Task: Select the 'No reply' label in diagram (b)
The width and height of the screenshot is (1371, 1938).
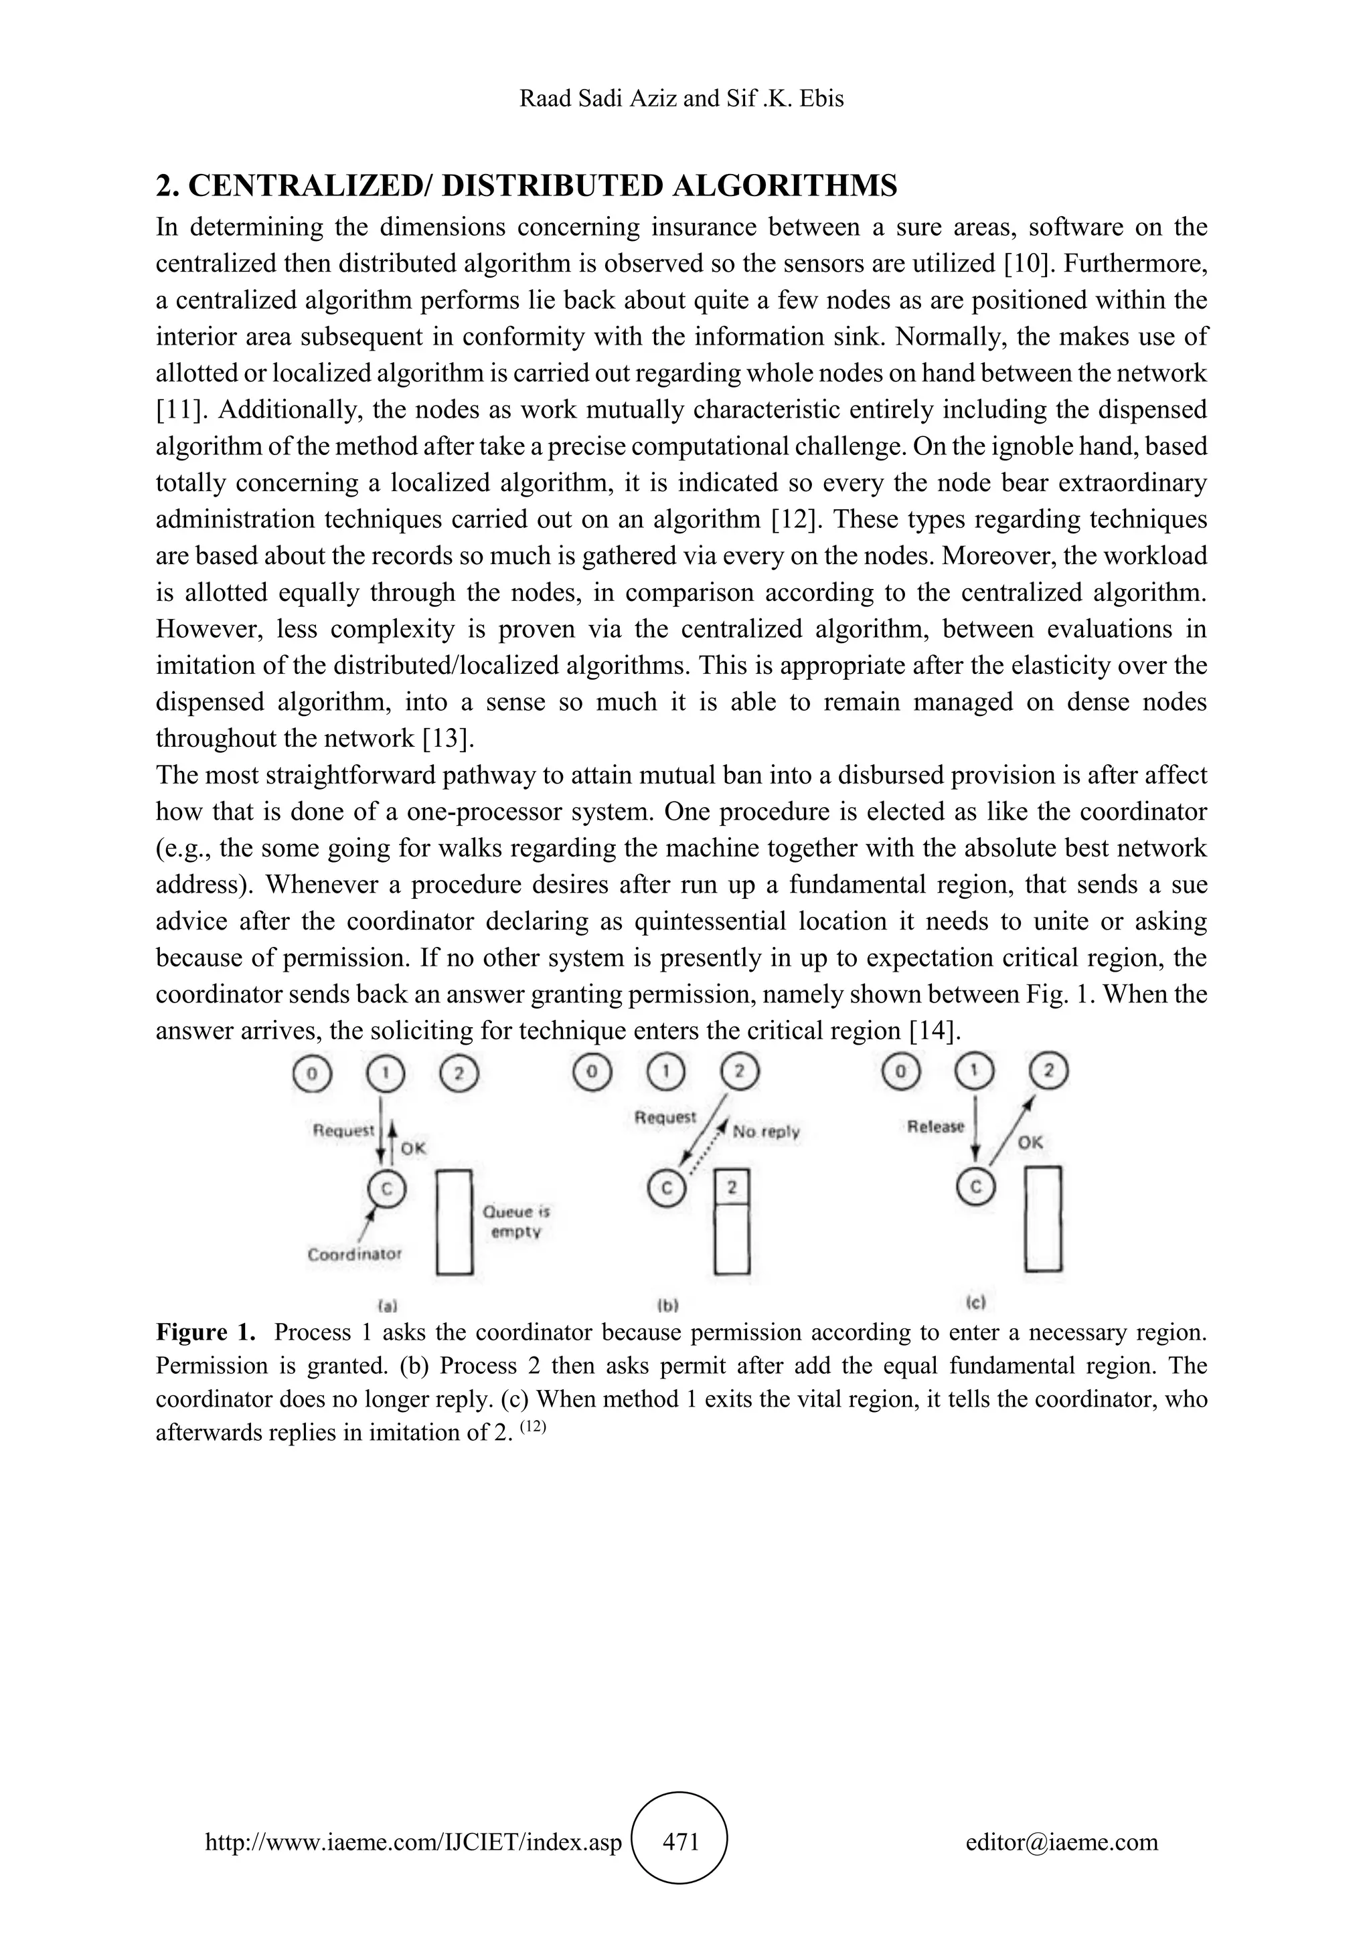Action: click(766, 1132)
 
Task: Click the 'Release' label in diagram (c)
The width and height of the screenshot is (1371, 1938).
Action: click(935, 1126)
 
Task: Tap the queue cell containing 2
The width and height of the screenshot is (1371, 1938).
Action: click(732, 1188)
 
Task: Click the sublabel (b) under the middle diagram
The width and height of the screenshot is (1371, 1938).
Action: click(668, 1305)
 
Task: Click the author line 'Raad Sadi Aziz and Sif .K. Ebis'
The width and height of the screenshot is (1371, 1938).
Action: click(681, 99)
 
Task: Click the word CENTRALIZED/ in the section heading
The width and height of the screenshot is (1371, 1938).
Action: click(310, 185)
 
